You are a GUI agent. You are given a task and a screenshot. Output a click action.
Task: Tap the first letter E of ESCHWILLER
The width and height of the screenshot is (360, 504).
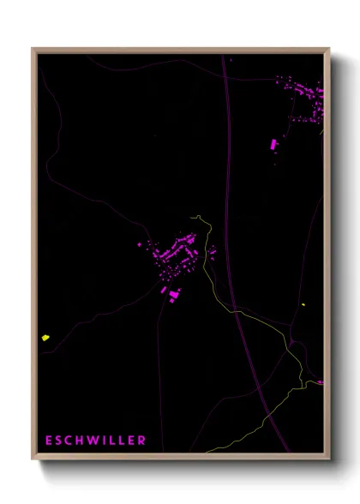pyautogui.click(x=49, y=441)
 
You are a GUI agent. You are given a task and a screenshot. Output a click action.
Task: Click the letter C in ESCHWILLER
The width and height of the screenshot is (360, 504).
pyautogui.click(x=66, y=441)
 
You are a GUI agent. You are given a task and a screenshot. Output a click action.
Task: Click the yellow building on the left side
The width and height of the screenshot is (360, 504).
pyautogui.click(x=45, y=338)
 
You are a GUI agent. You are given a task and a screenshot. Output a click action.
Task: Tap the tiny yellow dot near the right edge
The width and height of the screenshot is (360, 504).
pyautogui.click(x=303, y=304)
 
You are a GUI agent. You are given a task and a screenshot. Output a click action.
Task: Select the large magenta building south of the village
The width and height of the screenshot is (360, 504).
pyautogui.click(x=174, y=295)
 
